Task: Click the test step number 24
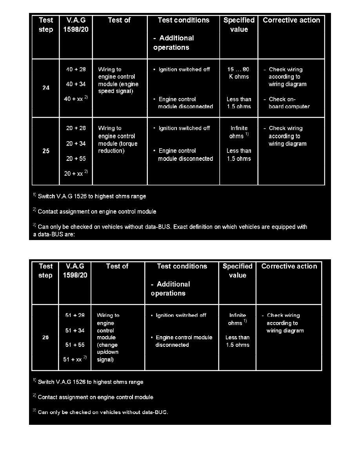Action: (46, 88)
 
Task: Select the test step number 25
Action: (46, 151)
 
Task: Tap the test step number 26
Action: (45, 337)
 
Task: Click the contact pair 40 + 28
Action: (76, 69)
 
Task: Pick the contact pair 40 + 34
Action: (76, 84)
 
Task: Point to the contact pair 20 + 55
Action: (76, 158)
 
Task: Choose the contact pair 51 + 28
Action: (74, 315)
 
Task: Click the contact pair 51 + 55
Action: (74, 345)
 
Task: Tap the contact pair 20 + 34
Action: (76, 144)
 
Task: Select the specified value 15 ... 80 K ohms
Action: (239, 73)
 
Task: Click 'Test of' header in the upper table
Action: (119, 20)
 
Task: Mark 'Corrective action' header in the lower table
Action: (289, 266)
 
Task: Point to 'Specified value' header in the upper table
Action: (239, 25)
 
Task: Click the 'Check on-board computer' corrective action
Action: (289, 103)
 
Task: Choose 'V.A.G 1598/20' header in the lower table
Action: (75, 271)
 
